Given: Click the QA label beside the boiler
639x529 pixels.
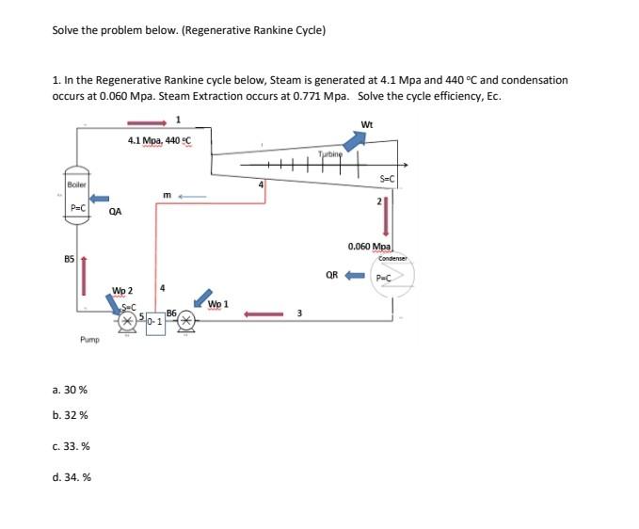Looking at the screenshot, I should [115, 212].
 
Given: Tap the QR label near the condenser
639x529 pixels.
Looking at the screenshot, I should [331, 276].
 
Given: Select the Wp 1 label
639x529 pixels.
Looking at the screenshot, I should [217, 304].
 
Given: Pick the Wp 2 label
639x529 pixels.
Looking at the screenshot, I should [122, 290].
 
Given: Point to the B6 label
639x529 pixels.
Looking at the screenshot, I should [170, 312].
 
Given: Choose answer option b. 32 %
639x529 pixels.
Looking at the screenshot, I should [72, 415].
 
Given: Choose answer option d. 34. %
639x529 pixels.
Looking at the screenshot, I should [72, 477].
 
